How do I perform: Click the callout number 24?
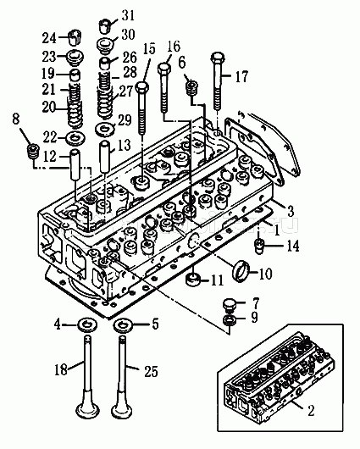[x=49, y=38]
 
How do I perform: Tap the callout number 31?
[x=128, y=15]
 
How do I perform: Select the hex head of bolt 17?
[x=218, y=58]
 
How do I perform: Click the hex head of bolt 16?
[x=164, y=68]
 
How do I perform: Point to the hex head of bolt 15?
[x=142, y=86]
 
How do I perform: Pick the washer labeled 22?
[x=75, y=138]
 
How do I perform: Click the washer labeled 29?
[x=105, y=130]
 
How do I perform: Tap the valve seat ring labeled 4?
[x=87, y=324]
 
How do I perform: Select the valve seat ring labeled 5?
[x=123, y=325]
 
